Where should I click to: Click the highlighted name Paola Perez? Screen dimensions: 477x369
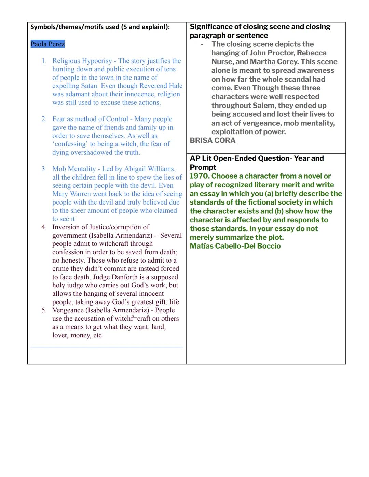tap(47, 44)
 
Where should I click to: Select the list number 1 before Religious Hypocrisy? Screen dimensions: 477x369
tap(44, 61)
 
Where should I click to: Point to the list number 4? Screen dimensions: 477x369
tap(44, 227)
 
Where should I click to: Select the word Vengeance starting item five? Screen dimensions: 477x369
tap(68, 310)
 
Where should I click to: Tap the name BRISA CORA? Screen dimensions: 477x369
tap(213, 140)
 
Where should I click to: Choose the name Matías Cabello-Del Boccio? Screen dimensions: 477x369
tap(235, 246)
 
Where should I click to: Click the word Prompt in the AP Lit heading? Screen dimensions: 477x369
tap(203, 167)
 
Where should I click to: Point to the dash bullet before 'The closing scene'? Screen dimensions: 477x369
tap(202, 45)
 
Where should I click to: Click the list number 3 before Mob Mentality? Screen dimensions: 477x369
tap(44, 169)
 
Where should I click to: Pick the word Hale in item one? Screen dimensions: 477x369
tap(175, 86)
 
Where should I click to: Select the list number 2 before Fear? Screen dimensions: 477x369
tap(44, 119)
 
